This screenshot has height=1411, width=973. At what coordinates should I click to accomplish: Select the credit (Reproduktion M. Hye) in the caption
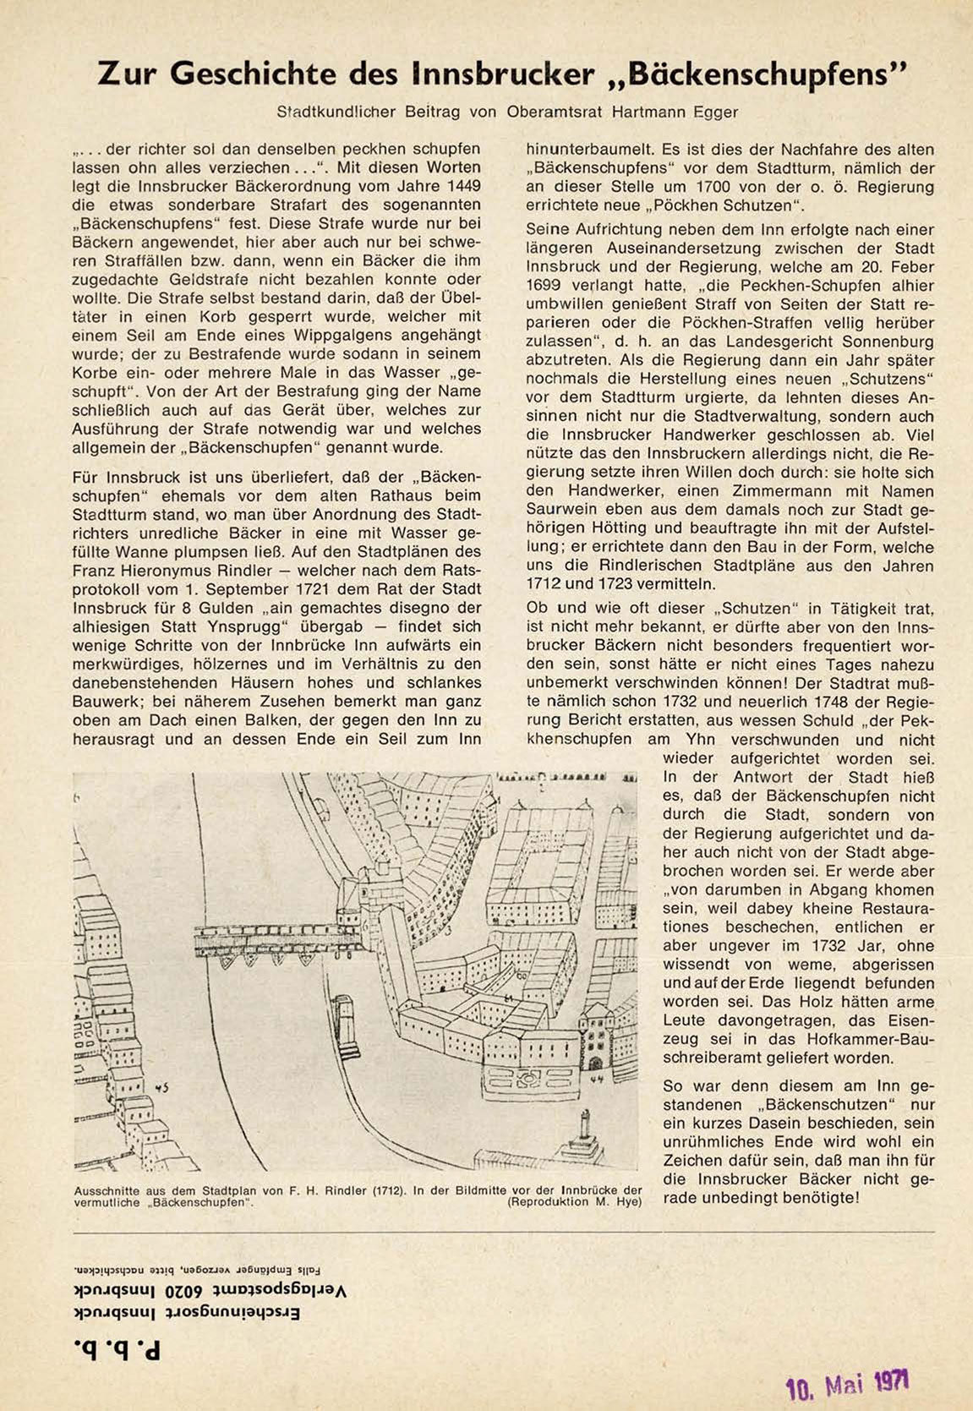575,1201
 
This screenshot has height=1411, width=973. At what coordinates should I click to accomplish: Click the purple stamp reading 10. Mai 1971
848,1384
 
